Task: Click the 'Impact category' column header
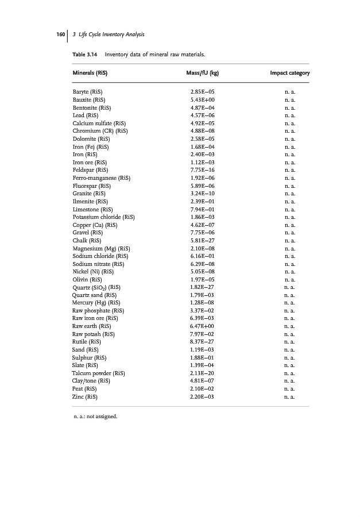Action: click(x=290, y=74)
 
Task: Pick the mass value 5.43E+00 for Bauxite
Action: click(x=202, y=100)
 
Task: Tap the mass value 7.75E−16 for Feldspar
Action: click(x=202, y=170)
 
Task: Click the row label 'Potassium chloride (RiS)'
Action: click(x=104, y=217)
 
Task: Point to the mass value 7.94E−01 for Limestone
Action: click(x=202, y=209)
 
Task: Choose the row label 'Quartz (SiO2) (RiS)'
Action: click(x=96, y=287)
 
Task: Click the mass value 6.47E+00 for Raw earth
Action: click(x=202, y=326)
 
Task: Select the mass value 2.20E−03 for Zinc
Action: click(x=202, y=396)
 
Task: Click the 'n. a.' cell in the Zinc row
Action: click(x=290, y=396)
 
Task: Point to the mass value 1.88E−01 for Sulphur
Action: click(x=202, y=357)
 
